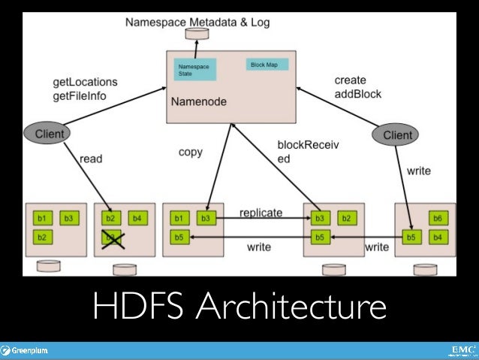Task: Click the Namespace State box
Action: [x=194, y=70]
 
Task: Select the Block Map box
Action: [x=264, y=65]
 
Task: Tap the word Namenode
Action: [x=202, y=100]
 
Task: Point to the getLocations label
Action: [x=86, y=80]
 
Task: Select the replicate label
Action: [x=261, y=213]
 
